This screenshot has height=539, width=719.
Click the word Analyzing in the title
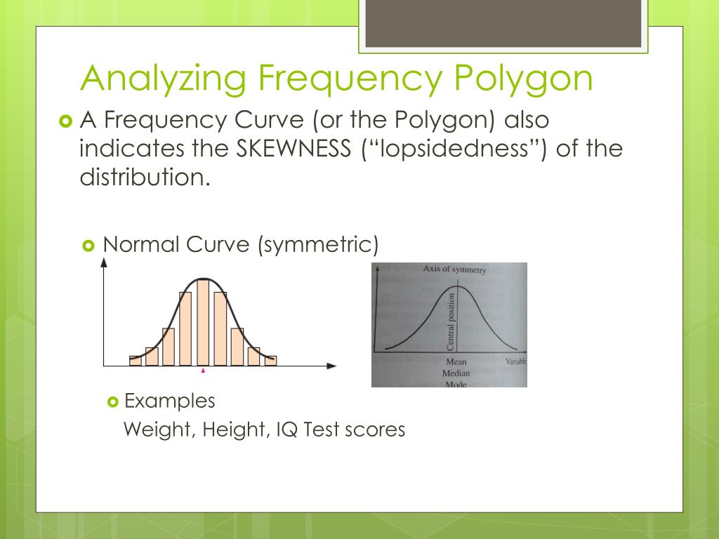pos(163,79)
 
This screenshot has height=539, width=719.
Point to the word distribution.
pos(144,177)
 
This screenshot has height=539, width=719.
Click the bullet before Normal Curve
pos(88,245)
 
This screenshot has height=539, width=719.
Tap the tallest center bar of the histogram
pos(203,322)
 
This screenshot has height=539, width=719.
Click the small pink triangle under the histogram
pos(203,371)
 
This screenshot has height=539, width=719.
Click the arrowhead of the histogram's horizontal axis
pos(332,366)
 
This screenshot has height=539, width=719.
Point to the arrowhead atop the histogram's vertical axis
pos(104,262)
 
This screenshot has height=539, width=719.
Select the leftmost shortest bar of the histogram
pos(136,361)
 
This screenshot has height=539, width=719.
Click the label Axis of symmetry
pos(454,269)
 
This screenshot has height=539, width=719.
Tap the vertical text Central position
pos(451,322)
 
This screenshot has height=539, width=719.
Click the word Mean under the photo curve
pos(456,362)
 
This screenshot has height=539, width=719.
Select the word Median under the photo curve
pos(456,373)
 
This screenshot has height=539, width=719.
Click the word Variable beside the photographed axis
pos(515,361)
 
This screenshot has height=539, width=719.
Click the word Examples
pos(169,401)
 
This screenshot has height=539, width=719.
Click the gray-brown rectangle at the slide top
pos(502,23)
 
